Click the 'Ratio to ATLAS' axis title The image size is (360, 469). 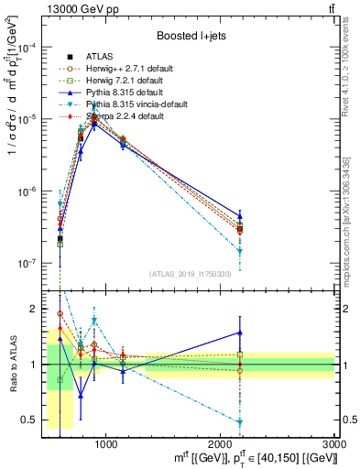[11, 364]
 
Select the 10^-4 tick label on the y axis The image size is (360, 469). [26, 49]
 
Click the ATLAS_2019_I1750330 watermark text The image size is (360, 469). [190, 274]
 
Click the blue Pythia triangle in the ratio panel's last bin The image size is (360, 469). [240, 333]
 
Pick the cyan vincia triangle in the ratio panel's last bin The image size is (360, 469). [240, 422]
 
